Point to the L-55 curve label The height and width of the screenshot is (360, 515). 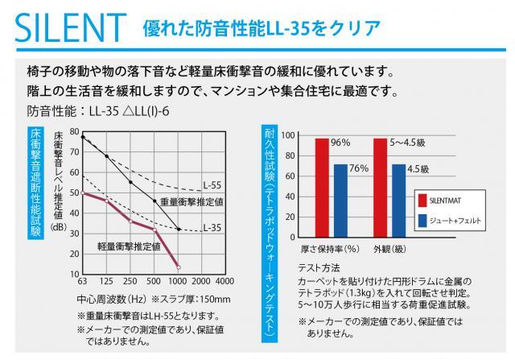tap(212, 184)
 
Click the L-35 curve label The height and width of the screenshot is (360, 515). tap(212, 228)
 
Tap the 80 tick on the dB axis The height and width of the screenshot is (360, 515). tap(74, 131)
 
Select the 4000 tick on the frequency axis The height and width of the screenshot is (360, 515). tap(225, 281)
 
